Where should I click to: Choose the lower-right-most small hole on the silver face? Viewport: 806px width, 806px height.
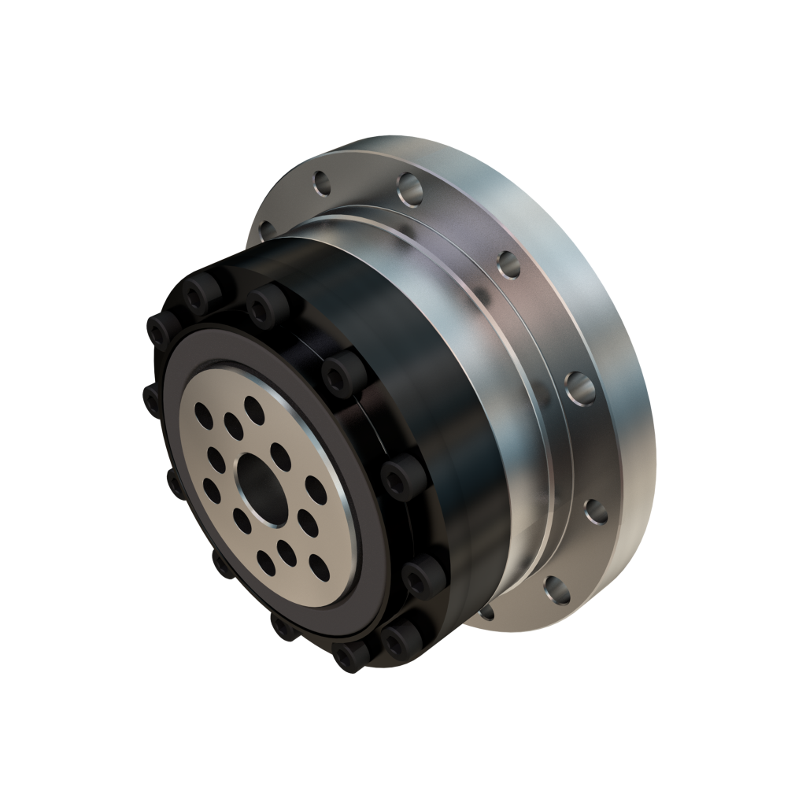(318, 564)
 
